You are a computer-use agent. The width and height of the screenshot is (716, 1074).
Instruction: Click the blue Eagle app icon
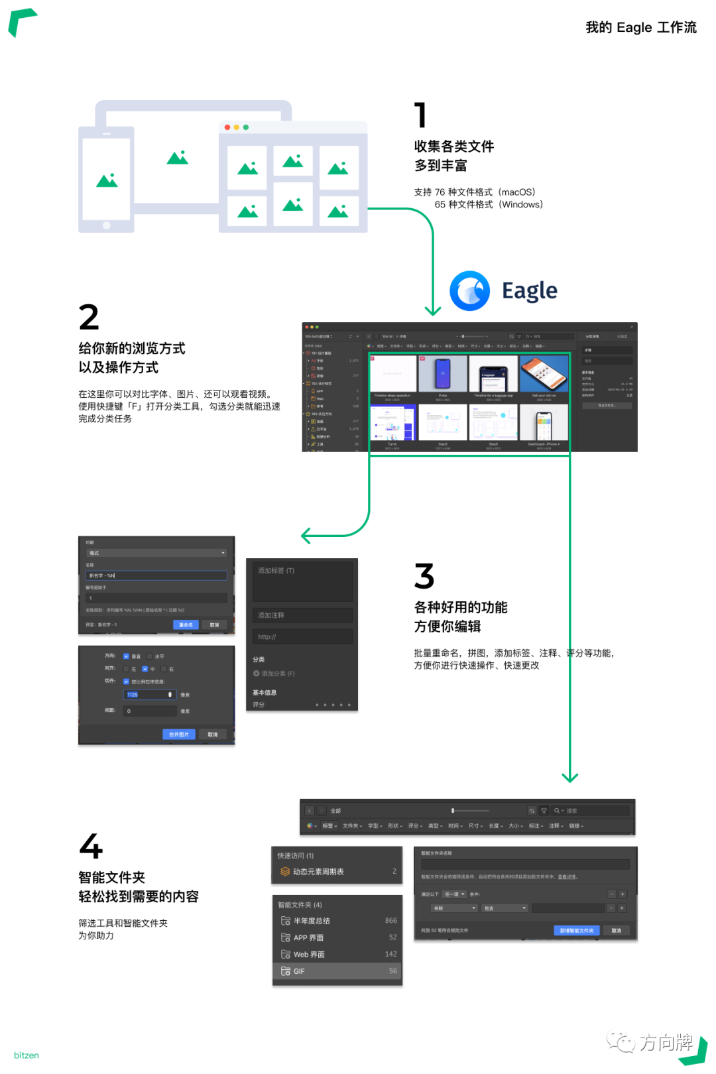[x=469, y=291]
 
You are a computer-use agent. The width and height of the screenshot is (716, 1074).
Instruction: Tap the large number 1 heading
[x=420, y=115]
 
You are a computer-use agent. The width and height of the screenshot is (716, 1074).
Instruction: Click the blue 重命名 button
[x=186, y=625]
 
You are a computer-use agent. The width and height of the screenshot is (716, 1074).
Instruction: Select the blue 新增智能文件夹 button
[x=576, y=930]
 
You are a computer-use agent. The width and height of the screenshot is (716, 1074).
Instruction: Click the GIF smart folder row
[x=337, y=971]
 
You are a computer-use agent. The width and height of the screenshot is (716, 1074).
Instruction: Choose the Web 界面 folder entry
[x=337, y=955]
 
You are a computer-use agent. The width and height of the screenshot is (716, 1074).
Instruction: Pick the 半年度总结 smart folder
[x=337, y=921]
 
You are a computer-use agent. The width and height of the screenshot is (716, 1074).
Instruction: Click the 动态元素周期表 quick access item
[x=337, y=872]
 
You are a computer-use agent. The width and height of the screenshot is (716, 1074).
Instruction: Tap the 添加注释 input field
[x=302, y=615]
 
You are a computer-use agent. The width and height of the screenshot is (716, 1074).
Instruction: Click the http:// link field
[x=302, y=637]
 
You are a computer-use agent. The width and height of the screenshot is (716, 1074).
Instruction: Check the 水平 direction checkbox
[x=150, y=656]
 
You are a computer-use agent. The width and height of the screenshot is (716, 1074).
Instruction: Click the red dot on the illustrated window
[x=227, y=127]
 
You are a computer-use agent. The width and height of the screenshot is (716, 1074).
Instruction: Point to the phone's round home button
[x=107, y=225]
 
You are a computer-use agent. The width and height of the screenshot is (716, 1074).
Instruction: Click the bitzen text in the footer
[x=27, y=1055]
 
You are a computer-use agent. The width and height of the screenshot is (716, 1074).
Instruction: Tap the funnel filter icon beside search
[x=544, y=811]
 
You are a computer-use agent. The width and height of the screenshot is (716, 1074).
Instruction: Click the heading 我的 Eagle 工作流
[x=641, y=27]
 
